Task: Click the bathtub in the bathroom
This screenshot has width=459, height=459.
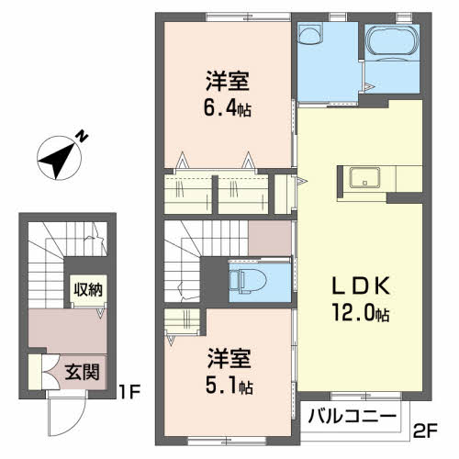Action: [x=392, y=42]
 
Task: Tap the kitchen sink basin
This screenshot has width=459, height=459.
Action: [x=365, y=177]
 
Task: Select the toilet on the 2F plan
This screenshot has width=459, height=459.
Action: [x=248, y=281]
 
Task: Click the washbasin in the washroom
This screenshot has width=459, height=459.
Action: [x=310, y=34]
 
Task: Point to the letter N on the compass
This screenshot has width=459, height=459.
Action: [x=82, y=136]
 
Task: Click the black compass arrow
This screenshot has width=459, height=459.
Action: [x=57, y=161]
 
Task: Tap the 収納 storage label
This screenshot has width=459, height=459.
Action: [x=88, y=289]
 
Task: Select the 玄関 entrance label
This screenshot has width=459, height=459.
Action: [x=82, y=372]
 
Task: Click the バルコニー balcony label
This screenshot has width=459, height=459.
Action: [x=352, y=417]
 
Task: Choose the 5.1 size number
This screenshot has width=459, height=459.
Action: [x=221, y=386]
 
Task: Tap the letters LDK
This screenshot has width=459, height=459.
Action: [x=361, y=285]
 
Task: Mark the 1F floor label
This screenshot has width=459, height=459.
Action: [x=129, y=392]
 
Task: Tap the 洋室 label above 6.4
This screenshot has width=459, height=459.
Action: [x=228, y=81]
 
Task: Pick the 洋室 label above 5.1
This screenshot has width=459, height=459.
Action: [x=229, y=358]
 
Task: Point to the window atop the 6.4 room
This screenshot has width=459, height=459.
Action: [x=248, y=17]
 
